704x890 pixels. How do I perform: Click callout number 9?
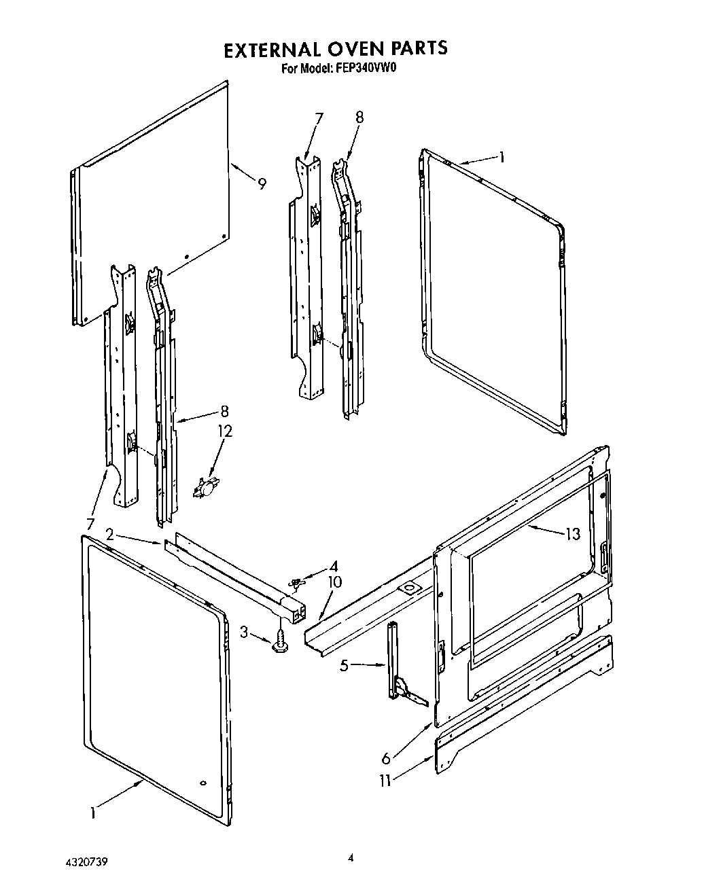[x=262, y=183]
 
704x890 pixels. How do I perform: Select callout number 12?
[x=224, y=431]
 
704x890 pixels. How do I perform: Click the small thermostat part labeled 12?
[x=203, y=488]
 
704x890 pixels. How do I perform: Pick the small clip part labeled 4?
[x=296, y=582]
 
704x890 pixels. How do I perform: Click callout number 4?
[x=333, y=565]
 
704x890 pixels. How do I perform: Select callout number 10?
[x=334, y=582]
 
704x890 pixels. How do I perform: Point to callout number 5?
[x=345, y=666]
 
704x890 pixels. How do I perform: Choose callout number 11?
[x=385, y=781]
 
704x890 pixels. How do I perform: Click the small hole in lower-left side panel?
[x=202, y=783]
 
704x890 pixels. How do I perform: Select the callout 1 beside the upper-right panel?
[x=501, y=158]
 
